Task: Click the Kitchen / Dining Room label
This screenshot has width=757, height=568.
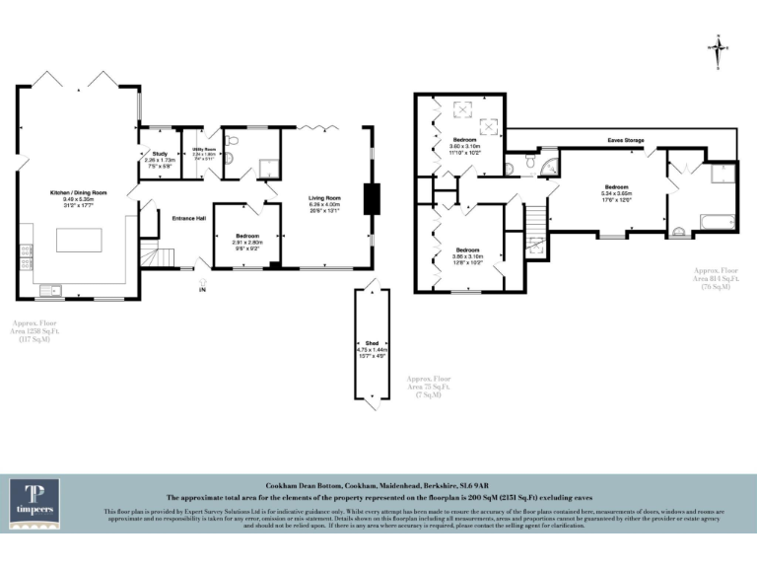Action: click(78, 198)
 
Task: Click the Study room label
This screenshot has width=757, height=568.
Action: click(158, 158)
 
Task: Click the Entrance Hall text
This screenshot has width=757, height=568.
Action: click(188, 218)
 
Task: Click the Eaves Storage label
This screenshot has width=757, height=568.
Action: click(626, 141)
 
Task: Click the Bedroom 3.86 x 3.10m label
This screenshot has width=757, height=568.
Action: click(467, 253)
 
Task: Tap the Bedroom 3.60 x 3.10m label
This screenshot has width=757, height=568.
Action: click(463, 146)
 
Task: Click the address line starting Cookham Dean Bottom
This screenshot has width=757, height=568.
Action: click(378, 487)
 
